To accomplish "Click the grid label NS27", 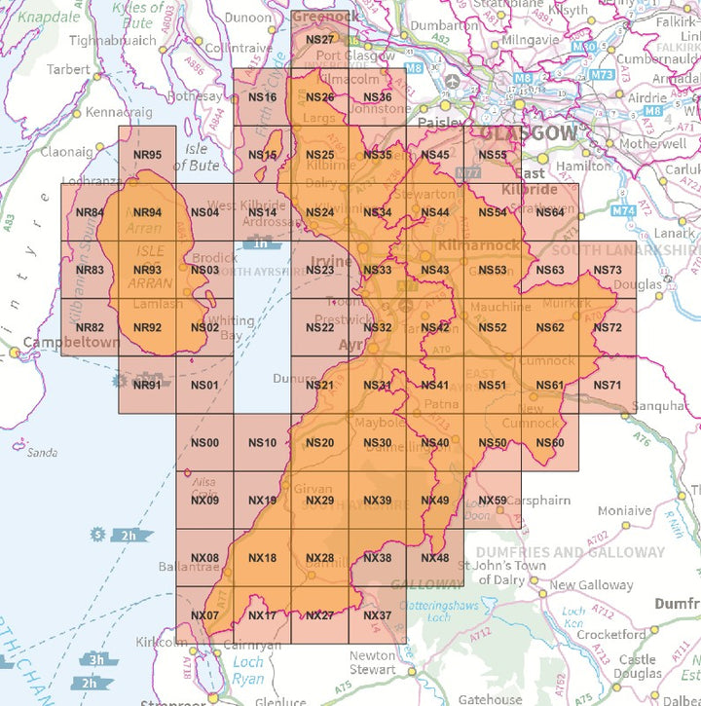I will (319, 40).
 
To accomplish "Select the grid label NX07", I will (204, 615).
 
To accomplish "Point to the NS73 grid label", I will (607, 271).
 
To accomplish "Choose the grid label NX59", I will (494, 501).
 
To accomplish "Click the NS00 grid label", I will (204, 443).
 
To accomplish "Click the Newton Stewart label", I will (373, 662).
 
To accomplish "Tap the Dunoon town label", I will (248, 17).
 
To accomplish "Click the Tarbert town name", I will (67, 70).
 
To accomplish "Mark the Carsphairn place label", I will (541, 502).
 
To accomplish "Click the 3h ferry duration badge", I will (97, 659).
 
